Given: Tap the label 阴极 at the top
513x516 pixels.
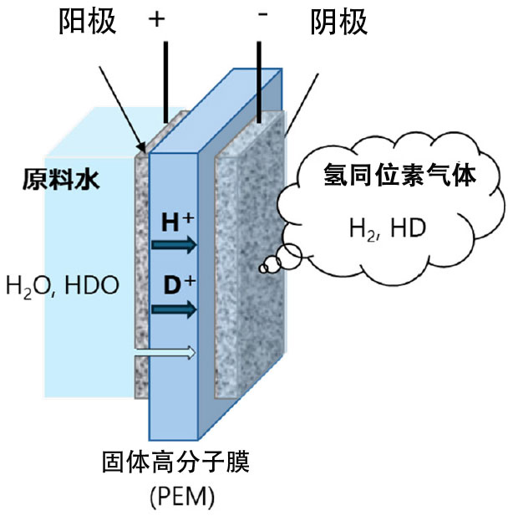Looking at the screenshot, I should [x=338, y=22].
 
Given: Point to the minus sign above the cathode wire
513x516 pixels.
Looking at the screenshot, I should [x=262, y=18].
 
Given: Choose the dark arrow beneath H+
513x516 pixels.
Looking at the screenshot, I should [x=175, y=245].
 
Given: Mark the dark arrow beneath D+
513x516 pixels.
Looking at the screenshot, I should [x=175, y=309].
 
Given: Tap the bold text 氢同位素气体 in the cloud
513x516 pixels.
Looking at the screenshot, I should [x=388, y=175].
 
